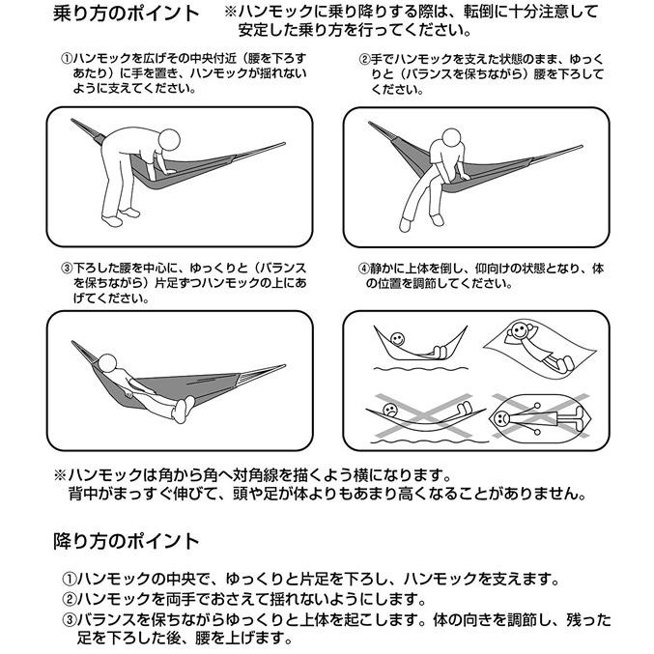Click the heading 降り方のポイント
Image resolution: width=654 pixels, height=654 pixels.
pos(126,541)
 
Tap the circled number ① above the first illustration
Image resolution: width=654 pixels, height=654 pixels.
pos(67,60)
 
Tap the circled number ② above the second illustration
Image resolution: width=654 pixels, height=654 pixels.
pos(364,60)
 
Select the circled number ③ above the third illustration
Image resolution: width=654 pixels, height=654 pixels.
pos(67,268)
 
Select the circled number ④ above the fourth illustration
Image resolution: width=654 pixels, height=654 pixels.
pos(364,268)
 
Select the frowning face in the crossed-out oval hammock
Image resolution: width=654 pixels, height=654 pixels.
pos(505,417)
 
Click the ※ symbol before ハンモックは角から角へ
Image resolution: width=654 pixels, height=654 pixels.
pos(60,475)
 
